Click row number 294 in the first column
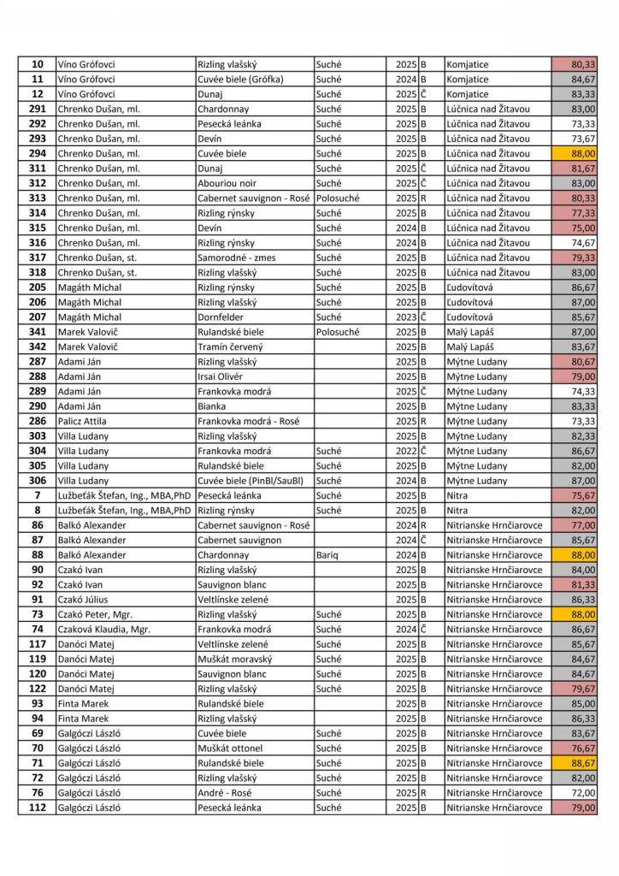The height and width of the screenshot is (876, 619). tap(37, 153)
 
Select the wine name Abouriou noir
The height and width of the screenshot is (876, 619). tap(228, 183)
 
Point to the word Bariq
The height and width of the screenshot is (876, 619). tap(327, 555)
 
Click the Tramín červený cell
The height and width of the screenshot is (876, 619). tap(230, 346)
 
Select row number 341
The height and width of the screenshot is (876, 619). tap(37, 332)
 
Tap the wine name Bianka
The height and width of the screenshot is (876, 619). tap(212, 406)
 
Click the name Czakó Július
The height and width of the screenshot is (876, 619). tap(83, 600)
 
